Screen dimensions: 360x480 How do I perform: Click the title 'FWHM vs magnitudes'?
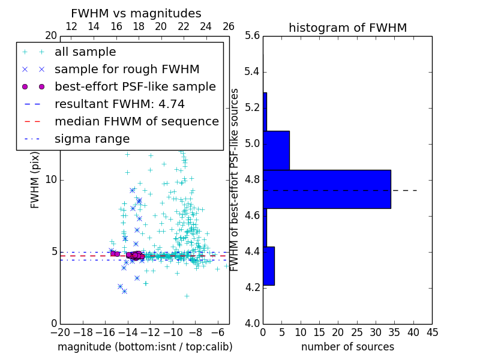(x=136, y=14)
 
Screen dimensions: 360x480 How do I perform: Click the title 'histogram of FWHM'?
(x=347, y=28)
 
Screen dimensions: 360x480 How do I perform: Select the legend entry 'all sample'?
(x=85, y=52)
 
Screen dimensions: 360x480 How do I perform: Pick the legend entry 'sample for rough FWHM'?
(x=127, y=69)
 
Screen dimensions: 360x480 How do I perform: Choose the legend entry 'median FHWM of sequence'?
(x=136, y=121)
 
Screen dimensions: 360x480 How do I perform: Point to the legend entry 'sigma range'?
(x=92, y=139)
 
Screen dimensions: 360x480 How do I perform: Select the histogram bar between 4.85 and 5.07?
(x=276, y=150)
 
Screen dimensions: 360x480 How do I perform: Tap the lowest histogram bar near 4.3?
(x=269, y=266)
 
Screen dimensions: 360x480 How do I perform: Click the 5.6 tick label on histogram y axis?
(x=252, y=36)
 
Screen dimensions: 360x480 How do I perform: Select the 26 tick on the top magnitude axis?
(x=229, y=26)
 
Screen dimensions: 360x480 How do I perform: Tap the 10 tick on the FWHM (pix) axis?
(x=51, y=180)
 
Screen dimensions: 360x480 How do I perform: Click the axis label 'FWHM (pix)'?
(x=35, y=180)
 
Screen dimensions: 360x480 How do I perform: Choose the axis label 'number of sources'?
(x=347, y=347)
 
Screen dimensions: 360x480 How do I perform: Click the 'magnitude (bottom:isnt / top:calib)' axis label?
(x=145, y=347)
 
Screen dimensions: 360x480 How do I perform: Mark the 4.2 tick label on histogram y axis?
(x=252, y=287)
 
